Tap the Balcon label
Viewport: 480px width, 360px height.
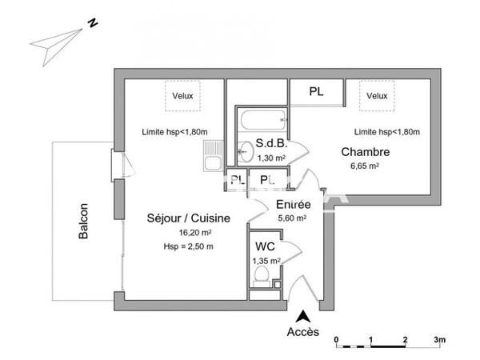pyautogui.click(x=83, y=220)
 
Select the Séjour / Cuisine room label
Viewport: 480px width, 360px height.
pyautogui.click(x=189, y=218)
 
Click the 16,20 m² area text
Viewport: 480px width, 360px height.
pyautogui.click(x=188, y=233)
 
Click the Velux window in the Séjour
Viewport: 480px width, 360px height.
pyautogui.click(x=182, y=97)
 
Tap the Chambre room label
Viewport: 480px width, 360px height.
pyautogui.click(x=365, y=152)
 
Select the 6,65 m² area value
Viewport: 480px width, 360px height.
pyautogui.click(x=364, y=166)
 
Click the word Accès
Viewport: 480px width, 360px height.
pyautogui.click(x=303, y=332)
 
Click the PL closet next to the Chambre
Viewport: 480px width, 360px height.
pyautogui.click(x=317, y=92)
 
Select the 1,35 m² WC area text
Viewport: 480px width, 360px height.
pyautogui.click(x=266, y=260)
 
